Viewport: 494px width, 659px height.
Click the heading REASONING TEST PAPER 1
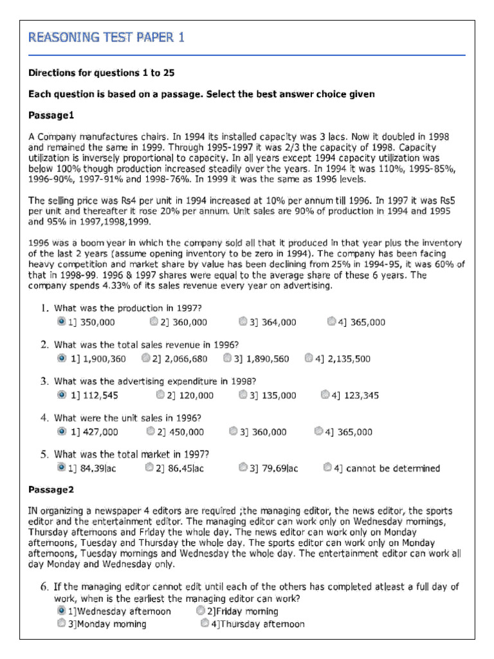pyautogui.click(x=106, y=37)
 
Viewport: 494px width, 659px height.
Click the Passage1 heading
pyautogui.click(x=51, y=115)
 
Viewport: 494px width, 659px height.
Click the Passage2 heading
pyautogui.click(x=51, y=490)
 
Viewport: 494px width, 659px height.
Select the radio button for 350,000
pyautogui.click(x=61, y=321)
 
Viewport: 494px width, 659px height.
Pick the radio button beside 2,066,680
pyautogui.click(x=147, y=358)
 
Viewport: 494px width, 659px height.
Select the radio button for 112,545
pyautogui.click(x=61, y=394)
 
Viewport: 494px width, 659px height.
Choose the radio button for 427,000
pyautogui.click(x=61, y=431)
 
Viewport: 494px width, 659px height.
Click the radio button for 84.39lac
pyautogui.click(x=61, y=467)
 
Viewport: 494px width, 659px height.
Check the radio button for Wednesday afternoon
pyautogui.click(x=61, y=611)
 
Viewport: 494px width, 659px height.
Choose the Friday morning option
pyautogui.click(x=201, y=611)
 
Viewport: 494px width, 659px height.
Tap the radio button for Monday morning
pyautogui.click(x=61, y=624)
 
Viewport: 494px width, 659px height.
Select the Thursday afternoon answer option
pyautogui.click(x=205, y=624)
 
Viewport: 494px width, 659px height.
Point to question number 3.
pyautogui.click(x=44, y=381)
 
